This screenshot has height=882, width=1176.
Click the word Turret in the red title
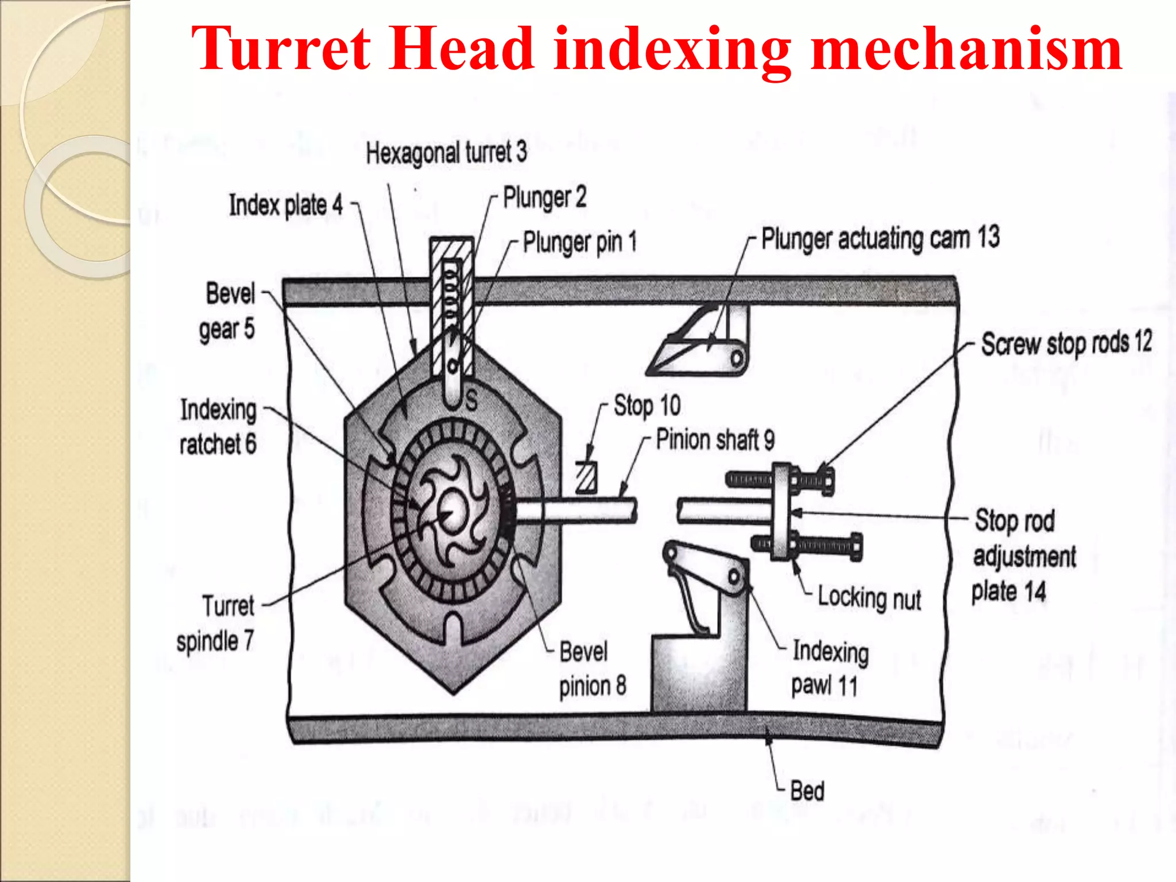pyautogui.click(x=281, y=49)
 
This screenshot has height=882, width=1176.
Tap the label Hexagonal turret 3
pyautogui.click(x=446, y=153)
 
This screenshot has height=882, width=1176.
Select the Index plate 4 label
pyautogui.click(x=285, y=205)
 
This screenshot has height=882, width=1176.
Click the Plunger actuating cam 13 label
pyautogui.click(x=880, y=238)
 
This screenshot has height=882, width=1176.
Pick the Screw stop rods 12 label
pyautogui.click(x=1066, y=343)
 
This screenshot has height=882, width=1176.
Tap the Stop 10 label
pyautogui.click(x=647, y=406)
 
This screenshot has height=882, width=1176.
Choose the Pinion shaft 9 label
pyautogui.click(x=715, y=440)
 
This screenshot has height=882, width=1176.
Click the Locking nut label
pyautogui.click(x=869, y=598)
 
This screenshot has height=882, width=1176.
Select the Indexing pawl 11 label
pyautogui.click(x=830, y=668)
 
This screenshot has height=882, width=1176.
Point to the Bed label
pyautogui.click(x=807, y=791)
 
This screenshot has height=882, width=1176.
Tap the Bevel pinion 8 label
pyautogui.click(x=593, y=668)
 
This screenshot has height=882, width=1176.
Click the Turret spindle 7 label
pyautogui.click(x=215, y=624)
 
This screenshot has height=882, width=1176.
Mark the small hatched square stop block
pyautogui.click(x=586, y=477)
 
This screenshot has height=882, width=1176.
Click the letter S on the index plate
pyautogui.click(x=471, y=400)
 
